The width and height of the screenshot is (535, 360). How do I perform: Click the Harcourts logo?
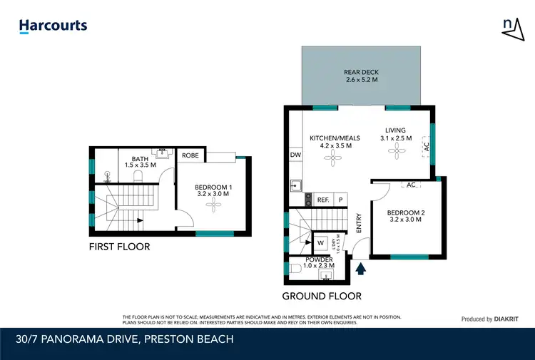[53, 26]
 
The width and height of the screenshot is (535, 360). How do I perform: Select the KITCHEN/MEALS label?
[335, 142]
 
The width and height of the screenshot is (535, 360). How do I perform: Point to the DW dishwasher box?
[295, 155]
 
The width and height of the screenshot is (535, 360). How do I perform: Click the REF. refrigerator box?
[323, 200]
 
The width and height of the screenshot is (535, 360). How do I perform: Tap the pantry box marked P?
[340, 200]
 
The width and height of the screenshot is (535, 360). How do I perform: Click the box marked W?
[320, 242]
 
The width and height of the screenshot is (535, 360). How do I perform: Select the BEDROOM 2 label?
[405, 215]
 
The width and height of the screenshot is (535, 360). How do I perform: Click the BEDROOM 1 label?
[213, 191]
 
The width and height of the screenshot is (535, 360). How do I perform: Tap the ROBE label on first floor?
[190, 155]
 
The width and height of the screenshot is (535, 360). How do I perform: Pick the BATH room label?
[139, 162]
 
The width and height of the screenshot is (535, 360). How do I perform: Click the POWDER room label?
[318, 263]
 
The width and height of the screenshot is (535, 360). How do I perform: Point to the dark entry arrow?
[361, 268]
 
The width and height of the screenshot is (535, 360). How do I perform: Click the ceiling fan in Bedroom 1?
[213, 207]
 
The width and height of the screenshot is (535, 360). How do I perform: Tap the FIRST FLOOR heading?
[119, 247]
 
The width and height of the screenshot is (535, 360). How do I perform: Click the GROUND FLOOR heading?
[322, 296]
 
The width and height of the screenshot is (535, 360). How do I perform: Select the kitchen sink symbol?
[295, 186]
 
